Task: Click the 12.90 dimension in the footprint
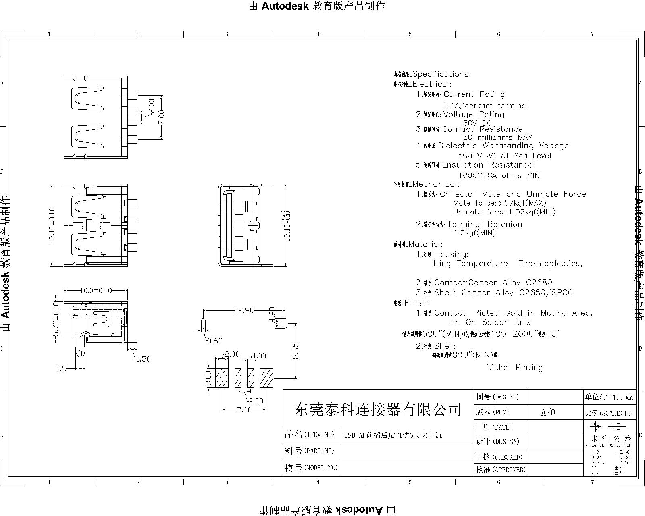[244, 310]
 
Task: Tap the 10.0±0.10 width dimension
[96, 290]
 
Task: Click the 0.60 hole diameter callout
[214, 341]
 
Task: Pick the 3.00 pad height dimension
[208, 378]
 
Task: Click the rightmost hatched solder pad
[266, 378]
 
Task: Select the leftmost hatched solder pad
[222, 378]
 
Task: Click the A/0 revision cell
[548, 412]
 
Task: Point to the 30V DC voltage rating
[477, 123]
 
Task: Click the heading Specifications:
[441, 74]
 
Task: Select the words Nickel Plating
[514, 367]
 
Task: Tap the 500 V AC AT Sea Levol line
[504, 156]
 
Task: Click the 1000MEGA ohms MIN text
[499, 175]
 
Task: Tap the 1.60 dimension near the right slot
[273, 316]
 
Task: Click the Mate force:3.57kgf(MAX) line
[499, 203]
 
